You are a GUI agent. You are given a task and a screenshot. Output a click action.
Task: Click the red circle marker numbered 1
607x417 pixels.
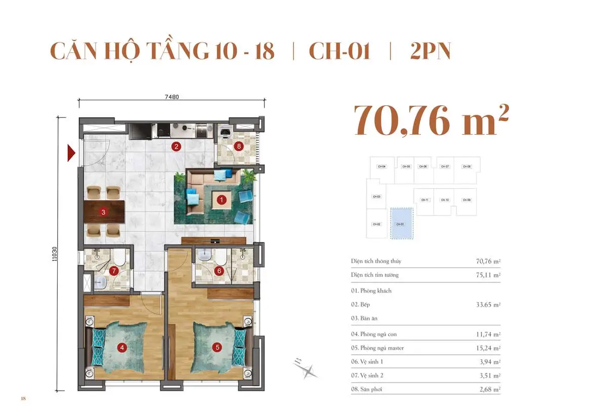221,200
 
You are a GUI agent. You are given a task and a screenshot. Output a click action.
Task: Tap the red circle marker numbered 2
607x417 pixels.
176,147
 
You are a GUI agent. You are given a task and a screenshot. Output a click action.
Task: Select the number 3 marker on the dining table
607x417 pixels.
103,212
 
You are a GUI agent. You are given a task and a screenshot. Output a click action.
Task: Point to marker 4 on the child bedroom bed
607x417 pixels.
121,347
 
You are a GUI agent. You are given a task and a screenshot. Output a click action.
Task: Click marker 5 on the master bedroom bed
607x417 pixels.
218,347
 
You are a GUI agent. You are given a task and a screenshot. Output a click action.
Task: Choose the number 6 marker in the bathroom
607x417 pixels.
219,271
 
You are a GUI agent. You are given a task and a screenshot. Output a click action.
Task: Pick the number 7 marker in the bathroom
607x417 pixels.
115,271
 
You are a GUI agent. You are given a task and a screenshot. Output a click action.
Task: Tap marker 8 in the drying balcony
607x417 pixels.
239,147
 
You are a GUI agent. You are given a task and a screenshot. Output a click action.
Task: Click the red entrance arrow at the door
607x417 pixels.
71,152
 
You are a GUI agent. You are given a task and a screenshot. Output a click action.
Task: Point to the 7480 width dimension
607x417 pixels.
171,97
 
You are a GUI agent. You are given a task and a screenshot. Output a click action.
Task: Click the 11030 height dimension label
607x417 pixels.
54,254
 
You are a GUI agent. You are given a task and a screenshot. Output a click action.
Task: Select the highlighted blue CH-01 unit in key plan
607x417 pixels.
402,223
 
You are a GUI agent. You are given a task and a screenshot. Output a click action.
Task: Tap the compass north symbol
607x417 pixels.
307,370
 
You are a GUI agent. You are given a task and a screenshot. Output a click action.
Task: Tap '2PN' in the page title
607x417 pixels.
430,52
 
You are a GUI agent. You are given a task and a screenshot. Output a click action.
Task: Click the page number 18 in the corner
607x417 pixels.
23,399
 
